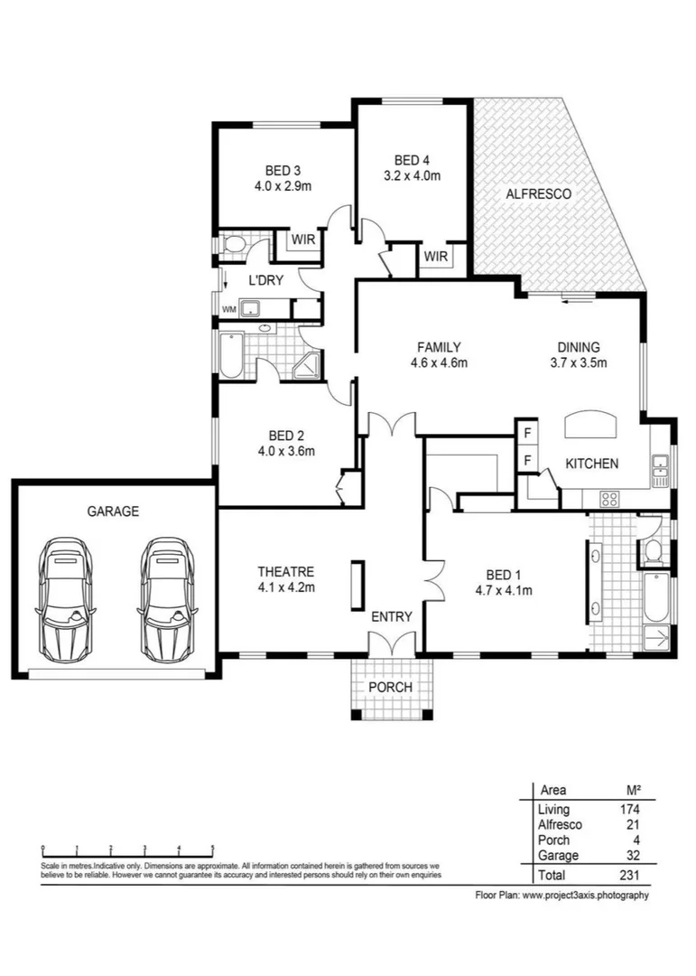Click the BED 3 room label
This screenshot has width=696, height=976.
pos(283,170)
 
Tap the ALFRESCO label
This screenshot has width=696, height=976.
pos(538,193)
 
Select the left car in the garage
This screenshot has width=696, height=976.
pos(65,599)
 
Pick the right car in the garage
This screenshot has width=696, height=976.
pos(168,599)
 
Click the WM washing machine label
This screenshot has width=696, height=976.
pos(229,309)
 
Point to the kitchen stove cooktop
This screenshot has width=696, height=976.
pos(609,498)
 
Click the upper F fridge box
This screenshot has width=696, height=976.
pos(527,433)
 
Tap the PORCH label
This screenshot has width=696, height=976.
pos(390,687)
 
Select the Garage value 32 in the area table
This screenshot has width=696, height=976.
pos(633,855)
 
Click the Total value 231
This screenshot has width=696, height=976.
pos(629,875)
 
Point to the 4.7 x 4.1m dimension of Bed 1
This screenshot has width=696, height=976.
pos(503,591)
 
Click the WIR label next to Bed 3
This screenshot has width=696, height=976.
pos(303,239)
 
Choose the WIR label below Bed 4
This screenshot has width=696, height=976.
pos(435,256)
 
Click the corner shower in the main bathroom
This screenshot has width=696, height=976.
pos(307,365)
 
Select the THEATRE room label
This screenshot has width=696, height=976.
pos(285,571)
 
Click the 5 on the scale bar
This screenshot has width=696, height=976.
pos(213,847)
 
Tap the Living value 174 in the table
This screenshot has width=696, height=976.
pos(629,809)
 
